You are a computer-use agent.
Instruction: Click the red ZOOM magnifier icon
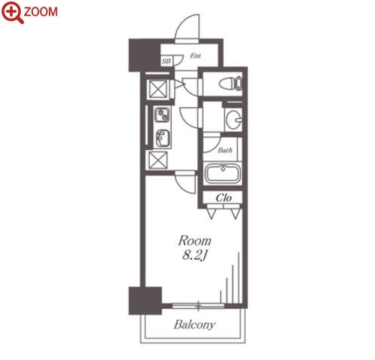[x=12, y=12]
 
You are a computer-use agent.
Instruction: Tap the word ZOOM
[x=41, y=12]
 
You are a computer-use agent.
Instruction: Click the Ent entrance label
[x=195, y=56]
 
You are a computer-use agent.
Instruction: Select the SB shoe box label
[x=166, y=61]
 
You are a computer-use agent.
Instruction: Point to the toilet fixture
[x=230, y=84]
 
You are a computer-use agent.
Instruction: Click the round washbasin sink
[x=233, y=120]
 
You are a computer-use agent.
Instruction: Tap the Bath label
[x=225, y=150]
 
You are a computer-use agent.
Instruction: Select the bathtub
[x=223, y=173]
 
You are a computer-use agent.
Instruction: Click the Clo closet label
[x=224, y=198]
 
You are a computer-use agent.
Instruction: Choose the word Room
[x=195, y=241]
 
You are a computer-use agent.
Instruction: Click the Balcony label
[x=194, y=325]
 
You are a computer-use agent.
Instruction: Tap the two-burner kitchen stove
[x=162, y=114]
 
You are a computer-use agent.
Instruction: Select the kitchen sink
[x=163, y=139]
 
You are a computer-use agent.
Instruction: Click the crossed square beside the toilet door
[x=158, y=89]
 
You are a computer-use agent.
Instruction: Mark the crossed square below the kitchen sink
[x=158, y=160]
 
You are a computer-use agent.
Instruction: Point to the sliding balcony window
[x=198, y=306]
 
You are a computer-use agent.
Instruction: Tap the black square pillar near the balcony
[x=145, y=301]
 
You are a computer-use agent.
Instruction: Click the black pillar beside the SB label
[x=145, y=55]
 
